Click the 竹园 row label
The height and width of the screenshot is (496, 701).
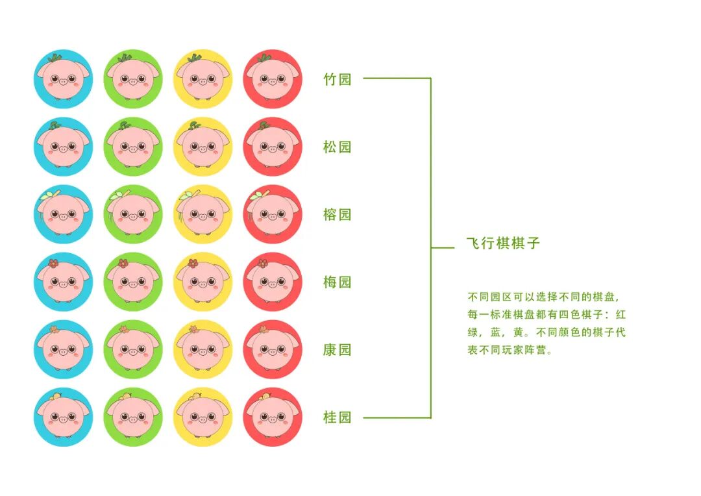(337, 79)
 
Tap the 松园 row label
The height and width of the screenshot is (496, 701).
(337, 147)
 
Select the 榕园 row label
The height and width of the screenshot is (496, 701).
(337, 214)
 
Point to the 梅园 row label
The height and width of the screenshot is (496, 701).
(337, 282)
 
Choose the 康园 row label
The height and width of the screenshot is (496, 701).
(337, 349)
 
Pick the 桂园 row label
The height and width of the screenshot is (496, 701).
(337, 417)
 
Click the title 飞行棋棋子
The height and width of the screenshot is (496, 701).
(503, 243)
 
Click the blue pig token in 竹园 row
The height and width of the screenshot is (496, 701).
(63, 79)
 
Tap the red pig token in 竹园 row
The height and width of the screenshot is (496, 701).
(273, 79)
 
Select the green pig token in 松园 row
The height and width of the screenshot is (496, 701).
(133, 147)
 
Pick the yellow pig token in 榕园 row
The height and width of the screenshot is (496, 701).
(203, 214)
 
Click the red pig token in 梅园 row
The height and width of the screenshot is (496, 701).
(273, 282)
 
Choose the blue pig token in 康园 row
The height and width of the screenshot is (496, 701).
(63, 349)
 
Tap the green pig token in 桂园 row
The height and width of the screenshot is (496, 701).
(133, 417)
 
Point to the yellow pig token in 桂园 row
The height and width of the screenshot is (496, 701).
(203, 417)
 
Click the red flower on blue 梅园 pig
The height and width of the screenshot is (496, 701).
(54, 264)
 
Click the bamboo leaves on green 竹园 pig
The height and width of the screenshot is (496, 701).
(123, 59)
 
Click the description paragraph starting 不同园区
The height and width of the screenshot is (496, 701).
(547, 323)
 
